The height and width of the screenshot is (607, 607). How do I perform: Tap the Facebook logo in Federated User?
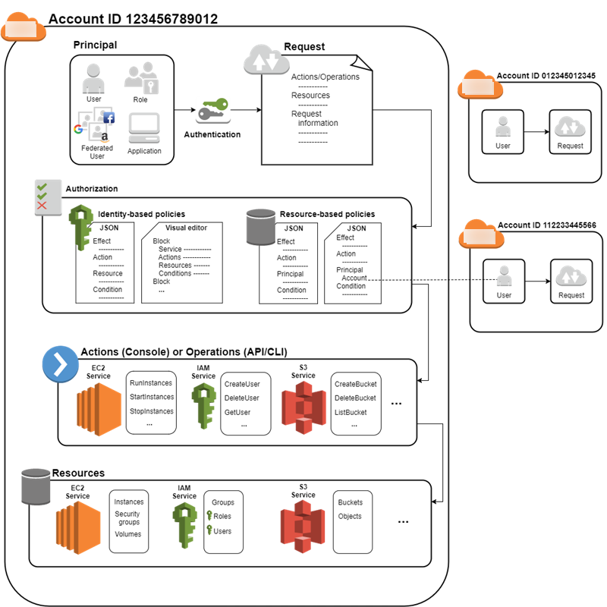(x=109, y=118)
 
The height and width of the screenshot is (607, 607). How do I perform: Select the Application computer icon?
(x=143, y=129)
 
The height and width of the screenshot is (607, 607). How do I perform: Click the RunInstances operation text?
(x=152, y=383)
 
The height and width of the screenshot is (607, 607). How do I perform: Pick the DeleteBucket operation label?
(x=355, y=398)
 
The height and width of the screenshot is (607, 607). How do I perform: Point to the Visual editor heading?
(x=186, y=228)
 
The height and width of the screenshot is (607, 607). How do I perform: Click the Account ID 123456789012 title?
(x=133, y=20)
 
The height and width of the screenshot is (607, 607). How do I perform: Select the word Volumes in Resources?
(x=127, y=534)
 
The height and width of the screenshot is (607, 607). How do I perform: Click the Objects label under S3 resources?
(x=350, y=517)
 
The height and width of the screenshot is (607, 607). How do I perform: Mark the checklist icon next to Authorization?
(x=46, y=195)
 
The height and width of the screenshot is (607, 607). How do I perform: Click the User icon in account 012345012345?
(x=502, y=127)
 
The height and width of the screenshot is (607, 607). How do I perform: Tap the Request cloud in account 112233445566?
(x=571, y=275)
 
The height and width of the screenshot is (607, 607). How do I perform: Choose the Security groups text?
(x=127, y=518)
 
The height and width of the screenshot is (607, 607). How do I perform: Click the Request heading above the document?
(x=304, y=47)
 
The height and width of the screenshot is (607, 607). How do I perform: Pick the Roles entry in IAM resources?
(x=222, y=517)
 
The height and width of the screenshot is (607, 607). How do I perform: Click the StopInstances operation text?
(x=152, y=411)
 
